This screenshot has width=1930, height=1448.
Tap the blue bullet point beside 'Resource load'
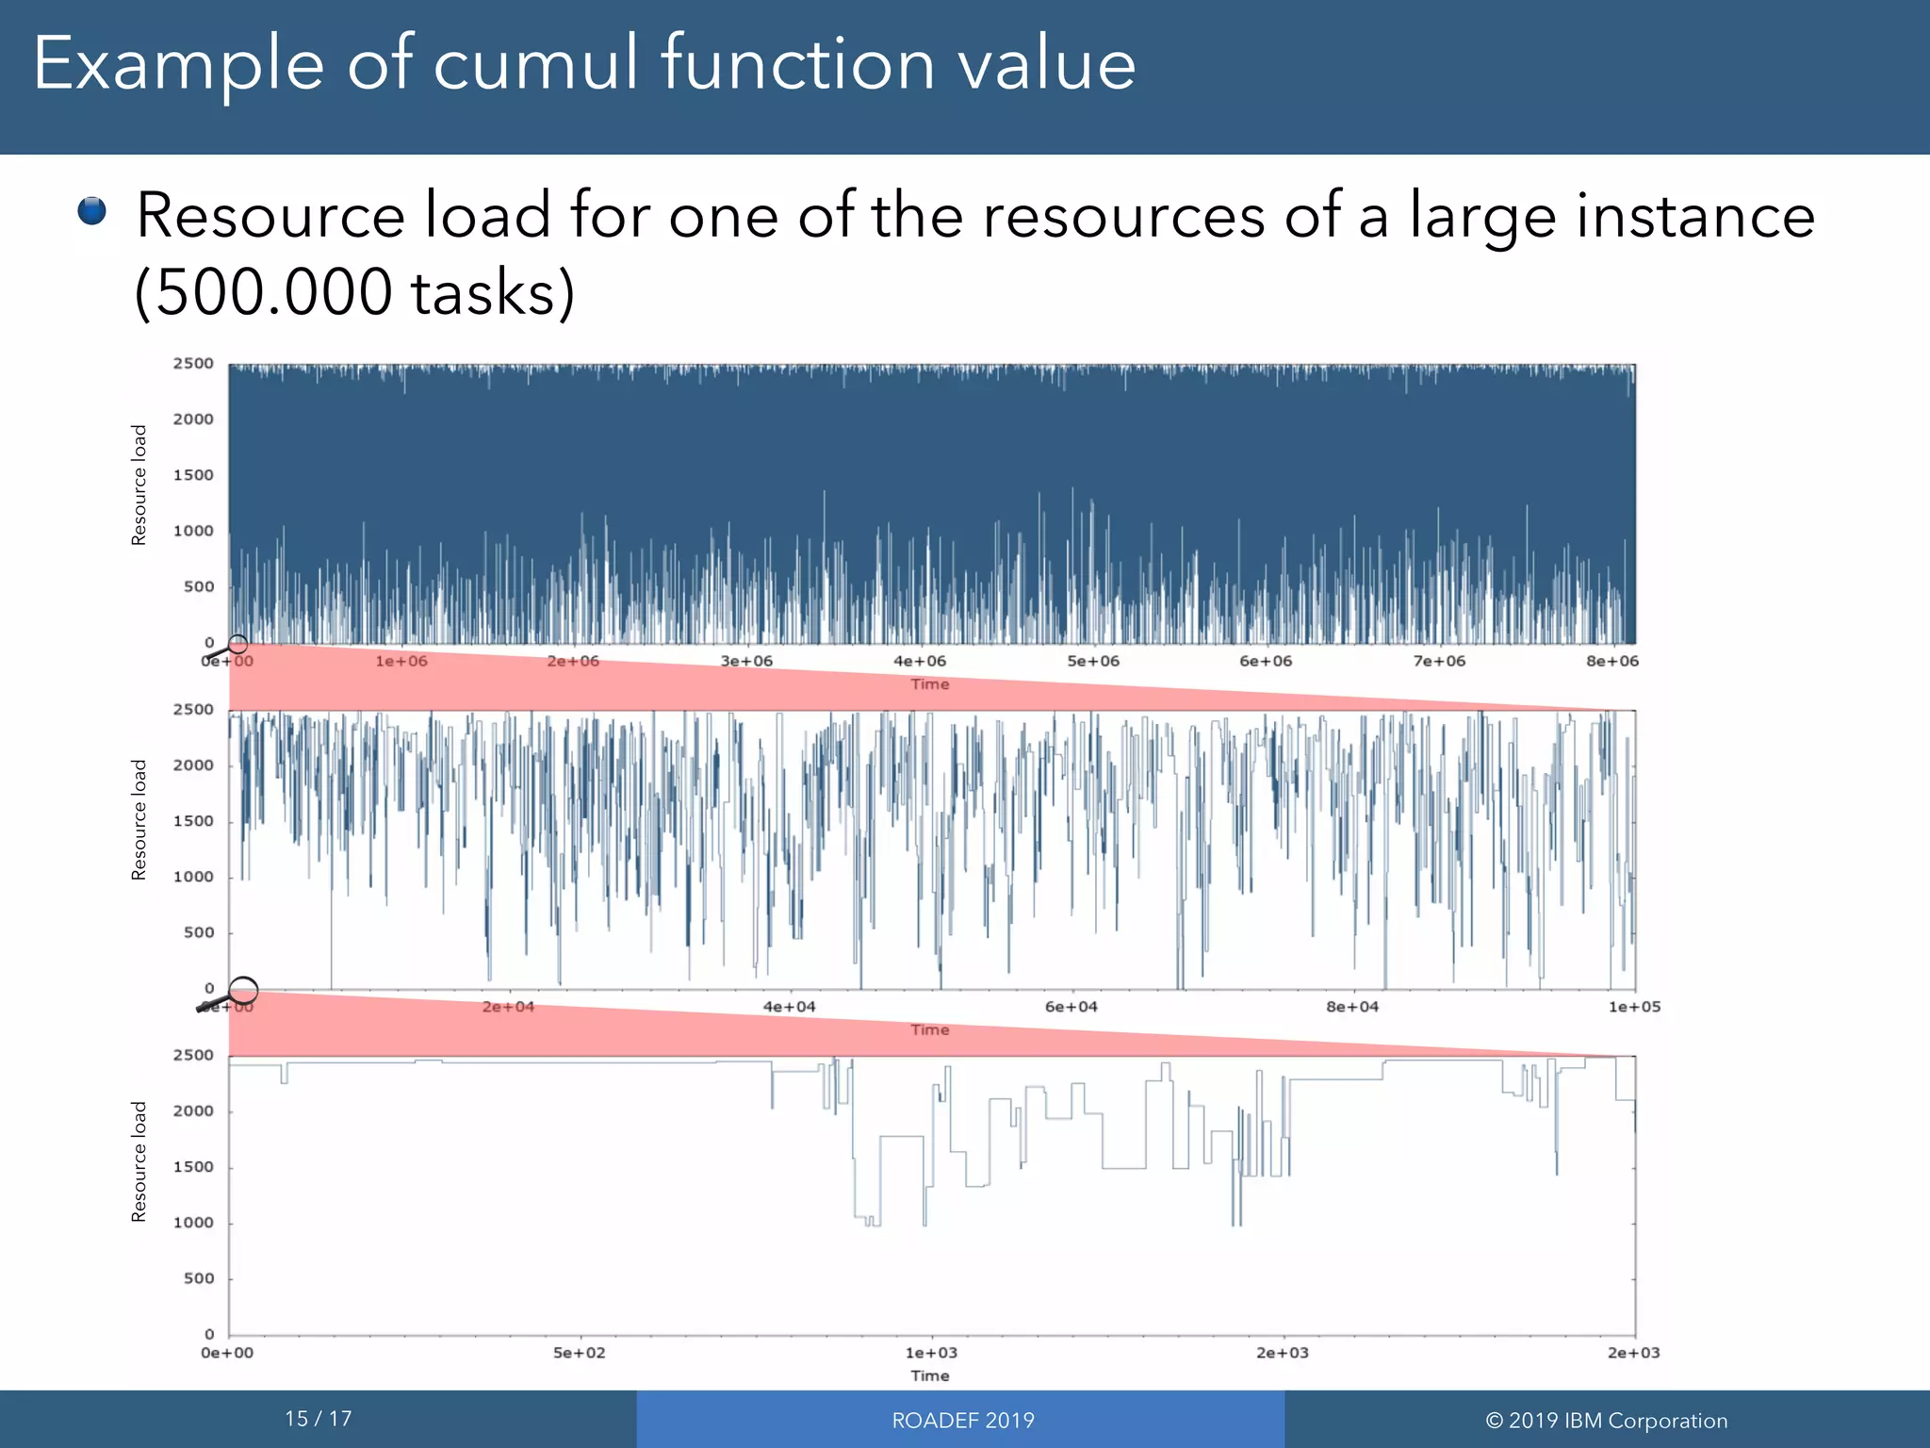[92, 211]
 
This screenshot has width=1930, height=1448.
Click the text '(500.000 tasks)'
[354, 292]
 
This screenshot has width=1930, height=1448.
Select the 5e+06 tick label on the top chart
[1093, 662]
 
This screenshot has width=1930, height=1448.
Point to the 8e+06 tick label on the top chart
[1612, 662]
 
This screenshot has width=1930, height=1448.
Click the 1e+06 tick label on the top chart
[401, 662]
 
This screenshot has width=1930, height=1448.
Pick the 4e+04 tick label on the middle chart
[790, 1007]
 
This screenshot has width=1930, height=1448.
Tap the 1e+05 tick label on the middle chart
[1634, 1007]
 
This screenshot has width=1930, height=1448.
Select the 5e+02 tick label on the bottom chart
[580, 1353]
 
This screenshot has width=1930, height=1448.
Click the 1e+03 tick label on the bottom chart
[931, 1353]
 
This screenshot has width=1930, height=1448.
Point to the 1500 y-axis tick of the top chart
[193, 475]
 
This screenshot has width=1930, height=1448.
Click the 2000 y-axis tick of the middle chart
[193, 765]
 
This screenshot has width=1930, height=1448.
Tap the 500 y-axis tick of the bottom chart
[199, 1279]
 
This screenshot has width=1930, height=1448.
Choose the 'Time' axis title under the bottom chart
[930, 1376]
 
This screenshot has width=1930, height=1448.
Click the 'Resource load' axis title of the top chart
[139, 485]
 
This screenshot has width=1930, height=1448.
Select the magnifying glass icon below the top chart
[228, 648]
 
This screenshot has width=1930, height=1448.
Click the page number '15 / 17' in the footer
[319, 1419]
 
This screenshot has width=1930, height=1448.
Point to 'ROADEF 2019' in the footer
[963, 1421]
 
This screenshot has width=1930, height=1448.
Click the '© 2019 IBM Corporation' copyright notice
[1607, 1421]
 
